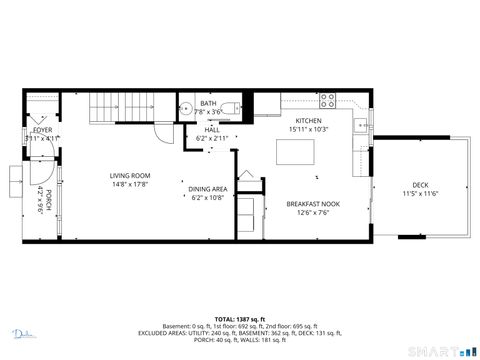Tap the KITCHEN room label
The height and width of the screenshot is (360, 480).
(308, 120)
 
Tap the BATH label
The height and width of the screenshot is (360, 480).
(208, 103)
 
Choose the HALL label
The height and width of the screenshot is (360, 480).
(212, 129)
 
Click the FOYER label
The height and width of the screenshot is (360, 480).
(42, 130)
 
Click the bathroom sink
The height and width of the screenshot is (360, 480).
(186, 109)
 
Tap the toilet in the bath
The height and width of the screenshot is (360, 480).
(229, 107)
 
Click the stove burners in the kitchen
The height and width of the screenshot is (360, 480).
(326, 99)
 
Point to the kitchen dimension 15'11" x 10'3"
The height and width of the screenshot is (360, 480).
(308, 129)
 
